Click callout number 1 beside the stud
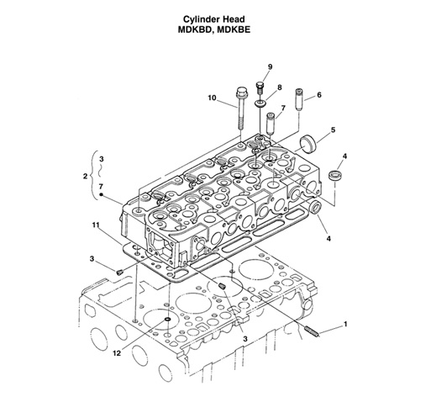[x=344, y=324]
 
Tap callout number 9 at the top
[x=271, y=66]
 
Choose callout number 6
[x=319, y=95]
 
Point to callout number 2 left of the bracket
[x=86, y=176]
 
